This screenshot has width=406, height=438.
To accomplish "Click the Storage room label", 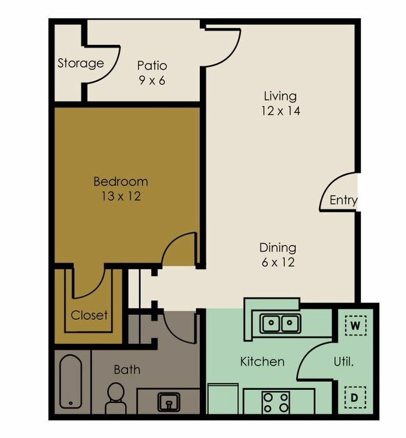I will pos(80,63).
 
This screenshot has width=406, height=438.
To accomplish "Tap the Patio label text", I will pos(152,66).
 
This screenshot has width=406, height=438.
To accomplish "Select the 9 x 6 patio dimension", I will pos(152,80).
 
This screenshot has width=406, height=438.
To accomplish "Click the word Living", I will pos(279,96).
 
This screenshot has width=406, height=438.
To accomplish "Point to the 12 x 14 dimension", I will pos(279,111).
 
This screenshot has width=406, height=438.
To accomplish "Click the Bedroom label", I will pos(121,182).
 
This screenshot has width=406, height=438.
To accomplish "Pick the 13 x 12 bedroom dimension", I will pos(121,196).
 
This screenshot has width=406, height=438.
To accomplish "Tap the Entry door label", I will pos(343,200).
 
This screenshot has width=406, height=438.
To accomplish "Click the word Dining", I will pos(278,247).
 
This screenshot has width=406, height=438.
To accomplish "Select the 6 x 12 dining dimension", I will pos(278,262).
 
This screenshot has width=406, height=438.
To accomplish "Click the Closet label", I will pos(89,315).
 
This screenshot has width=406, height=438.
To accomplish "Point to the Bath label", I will pos(127,370).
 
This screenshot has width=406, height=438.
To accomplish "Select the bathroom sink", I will pos(168,402).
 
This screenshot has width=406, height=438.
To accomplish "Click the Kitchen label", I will pos(262,362).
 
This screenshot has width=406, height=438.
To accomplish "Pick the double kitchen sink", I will pos(280,324).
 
